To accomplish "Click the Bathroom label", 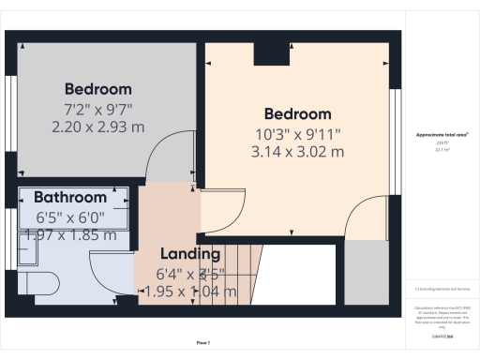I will pos(70,198).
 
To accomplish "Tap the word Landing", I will pos(189,254).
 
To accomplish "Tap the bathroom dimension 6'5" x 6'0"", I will pos(70,216).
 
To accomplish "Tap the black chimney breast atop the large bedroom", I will pos(272,53).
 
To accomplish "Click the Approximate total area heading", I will pos(442,135).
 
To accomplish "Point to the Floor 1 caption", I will pos(202,343).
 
